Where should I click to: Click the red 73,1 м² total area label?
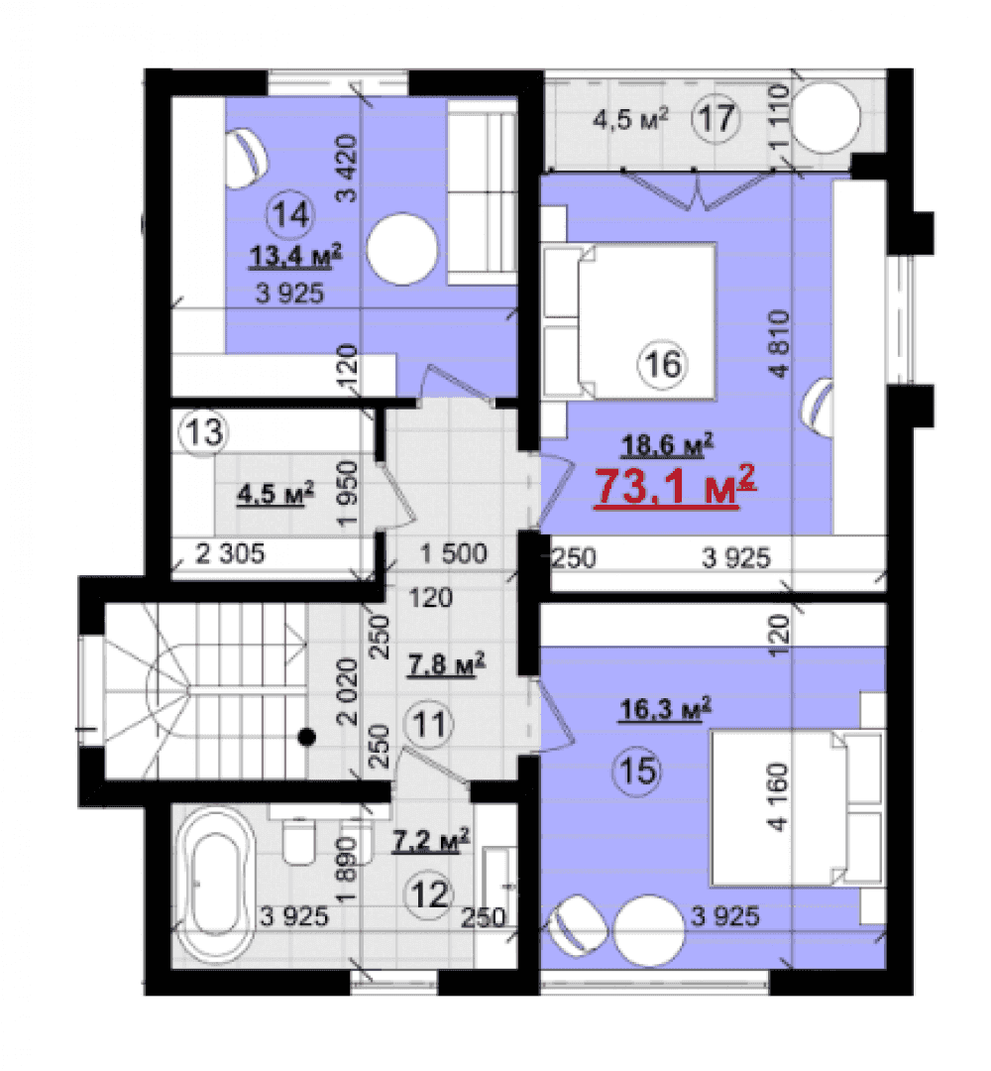coord(675,486)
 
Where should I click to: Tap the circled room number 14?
coord(291,215)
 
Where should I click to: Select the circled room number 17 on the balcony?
coord(716,118)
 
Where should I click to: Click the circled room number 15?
coord(638,771)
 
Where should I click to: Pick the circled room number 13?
coord(204,432)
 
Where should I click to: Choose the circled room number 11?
coord(430,724)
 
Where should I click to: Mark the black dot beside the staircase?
coord(307,737)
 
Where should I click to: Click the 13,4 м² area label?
coord(295,257)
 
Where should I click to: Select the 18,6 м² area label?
coord(668,445)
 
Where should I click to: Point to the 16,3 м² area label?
coord(665,709)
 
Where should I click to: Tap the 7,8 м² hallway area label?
coord(447,663)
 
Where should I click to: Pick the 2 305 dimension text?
coord(230,553)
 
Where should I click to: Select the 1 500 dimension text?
coord(454,553)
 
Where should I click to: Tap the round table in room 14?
coord(402,249)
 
